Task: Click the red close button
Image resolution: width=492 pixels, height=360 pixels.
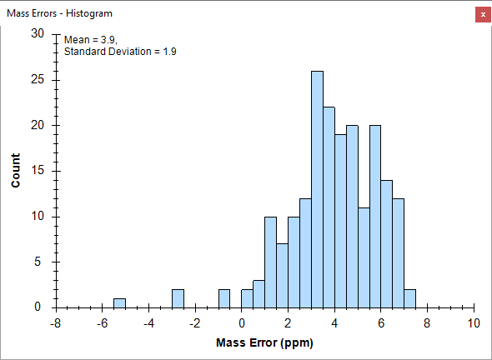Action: click(483, 14)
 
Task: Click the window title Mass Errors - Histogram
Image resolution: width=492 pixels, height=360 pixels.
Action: click(59, 13)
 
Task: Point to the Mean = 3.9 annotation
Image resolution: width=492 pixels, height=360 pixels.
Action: click(91, 40)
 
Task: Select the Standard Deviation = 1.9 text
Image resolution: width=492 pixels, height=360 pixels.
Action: click(120, 52)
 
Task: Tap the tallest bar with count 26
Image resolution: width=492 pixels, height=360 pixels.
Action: click(317, 189)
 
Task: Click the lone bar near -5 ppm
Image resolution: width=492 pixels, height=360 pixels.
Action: click(119, 303)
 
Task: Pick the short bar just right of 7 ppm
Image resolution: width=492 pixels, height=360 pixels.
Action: click(409, 298)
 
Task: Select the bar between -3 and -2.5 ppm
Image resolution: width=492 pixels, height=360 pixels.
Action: click(178, 298)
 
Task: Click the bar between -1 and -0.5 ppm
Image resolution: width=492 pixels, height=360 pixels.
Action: click(224, 298)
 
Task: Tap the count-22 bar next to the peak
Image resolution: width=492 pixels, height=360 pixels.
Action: click(329, 207)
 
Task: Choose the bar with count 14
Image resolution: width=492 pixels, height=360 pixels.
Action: click(387, 244)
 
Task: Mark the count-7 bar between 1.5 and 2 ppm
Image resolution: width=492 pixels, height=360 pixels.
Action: click(282, 276)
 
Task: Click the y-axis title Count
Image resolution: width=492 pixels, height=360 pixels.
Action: click(15, 170)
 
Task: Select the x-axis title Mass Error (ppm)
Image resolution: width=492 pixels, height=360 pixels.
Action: click(264, 342)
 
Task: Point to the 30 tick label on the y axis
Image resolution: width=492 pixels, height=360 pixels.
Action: click(38, 33)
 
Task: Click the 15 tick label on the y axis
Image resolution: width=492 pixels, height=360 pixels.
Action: click(38, 171)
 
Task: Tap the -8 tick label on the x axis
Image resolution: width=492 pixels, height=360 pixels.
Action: click(56, 323)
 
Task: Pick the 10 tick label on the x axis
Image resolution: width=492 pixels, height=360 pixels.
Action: click(474, 323)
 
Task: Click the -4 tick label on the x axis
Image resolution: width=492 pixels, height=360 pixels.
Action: click(148, 323)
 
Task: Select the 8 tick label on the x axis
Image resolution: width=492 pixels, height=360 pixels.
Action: click(427, 323)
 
